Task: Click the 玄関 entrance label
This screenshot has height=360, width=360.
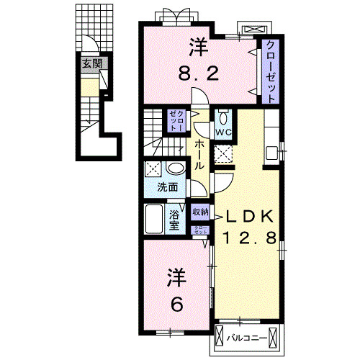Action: point(91,64)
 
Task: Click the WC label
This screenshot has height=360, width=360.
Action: point(222,133)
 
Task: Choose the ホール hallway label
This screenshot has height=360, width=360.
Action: point(199,154)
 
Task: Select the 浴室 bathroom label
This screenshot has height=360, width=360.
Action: point(175,220)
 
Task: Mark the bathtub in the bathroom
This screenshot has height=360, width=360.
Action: point(154,219)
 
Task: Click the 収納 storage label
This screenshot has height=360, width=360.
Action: point(201,212)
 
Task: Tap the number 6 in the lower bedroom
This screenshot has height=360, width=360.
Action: point(176,305)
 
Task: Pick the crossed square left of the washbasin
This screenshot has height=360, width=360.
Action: point(153,170)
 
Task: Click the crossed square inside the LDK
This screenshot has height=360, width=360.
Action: point(223,153)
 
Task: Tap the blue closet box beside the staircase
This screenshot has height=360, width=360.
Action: point(177,120)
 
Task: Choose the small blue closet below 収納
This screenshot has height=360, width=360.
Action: point(201,229)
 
